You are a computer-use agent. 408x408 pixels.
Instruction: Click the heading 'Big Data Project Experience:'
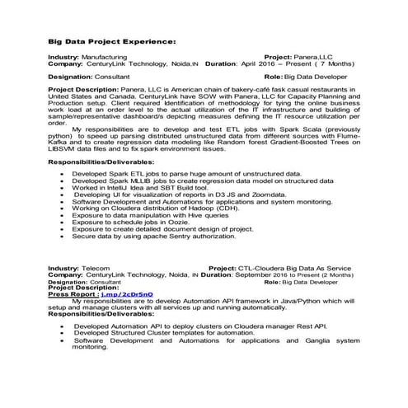[110, 40]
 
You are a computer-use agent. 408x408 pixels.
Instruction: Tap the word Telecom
[96, 269]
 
